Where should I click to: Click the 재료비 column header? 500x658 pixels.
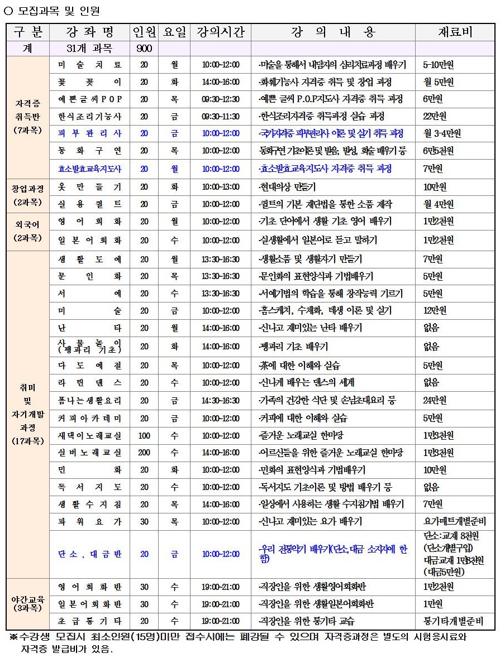[455, 32]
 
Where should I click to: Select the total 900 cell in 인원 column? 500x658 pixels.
[144, 49]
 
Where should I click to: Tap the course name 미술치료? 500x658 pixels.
[89, 65]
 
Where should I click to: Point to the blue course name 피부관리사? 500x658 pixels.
[89, 134]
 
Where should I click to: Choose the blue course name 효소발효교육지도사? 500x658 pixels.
[89, 169]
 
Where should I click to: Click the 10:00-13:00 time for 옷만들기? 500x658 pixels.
[221, 187]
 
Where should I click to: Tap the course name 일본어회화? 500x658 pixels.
[89, 241]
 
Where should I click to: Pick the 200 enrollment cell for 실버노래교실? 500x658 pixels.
[144, 453]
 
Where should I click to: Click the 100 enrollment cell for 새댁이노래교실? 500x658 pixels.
[144, 435]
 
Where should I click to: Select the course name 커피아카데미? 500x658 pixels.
[89, 418]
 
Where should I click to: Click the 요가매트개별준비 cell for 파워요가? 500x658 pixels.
[455, 521]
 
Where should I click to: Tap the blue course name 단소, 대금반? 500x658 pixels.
[89, 554]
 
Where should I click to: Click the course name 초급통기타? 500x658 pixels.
[89, 621]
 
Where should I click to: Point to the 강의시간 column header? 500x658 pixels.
[221, 32]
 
